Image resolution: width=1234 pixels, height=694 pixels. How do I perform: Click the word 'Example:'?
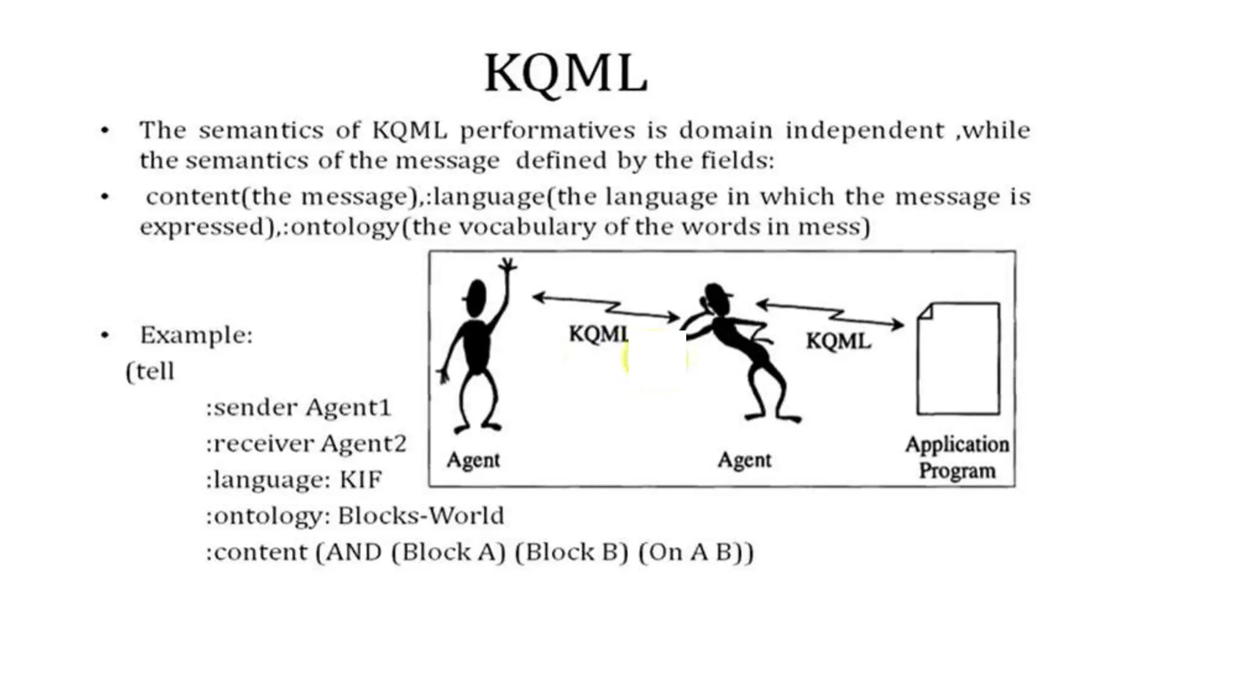tap(196, 335)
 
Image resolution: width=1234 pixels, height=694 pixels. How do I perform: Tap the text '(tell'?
tap(150, 371)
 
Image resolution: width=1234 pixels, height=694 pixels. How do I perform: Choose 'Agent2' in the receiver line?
tap(363, 444)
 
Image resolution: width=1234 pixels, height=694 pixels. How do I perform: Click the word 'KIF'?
tap(360, 480)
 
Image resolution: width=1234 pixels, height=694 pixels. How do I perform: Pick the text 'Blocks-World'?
tap(421, 516)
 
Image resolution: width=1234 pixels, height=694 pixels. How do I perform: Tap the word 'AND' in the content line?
tap(353, 552)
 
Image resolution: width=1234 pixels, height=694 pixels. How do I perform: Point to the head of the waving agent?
tap(477, 298)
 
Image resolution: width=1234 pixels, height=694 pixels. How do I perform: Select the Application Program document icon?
tap(958, 359)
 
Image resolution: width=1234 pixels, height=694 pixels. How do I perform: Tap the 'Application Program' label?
tap(957, 457)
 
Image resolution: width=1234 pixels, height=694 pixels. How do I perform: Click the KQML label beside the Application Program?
tap(838, 342)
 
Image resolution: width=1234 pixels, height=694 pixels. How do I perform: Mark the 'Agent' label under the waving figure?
tap(473, 460)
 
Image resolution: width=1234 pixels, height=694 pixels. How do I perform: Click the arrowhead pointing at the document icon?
tap(898, 325)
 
